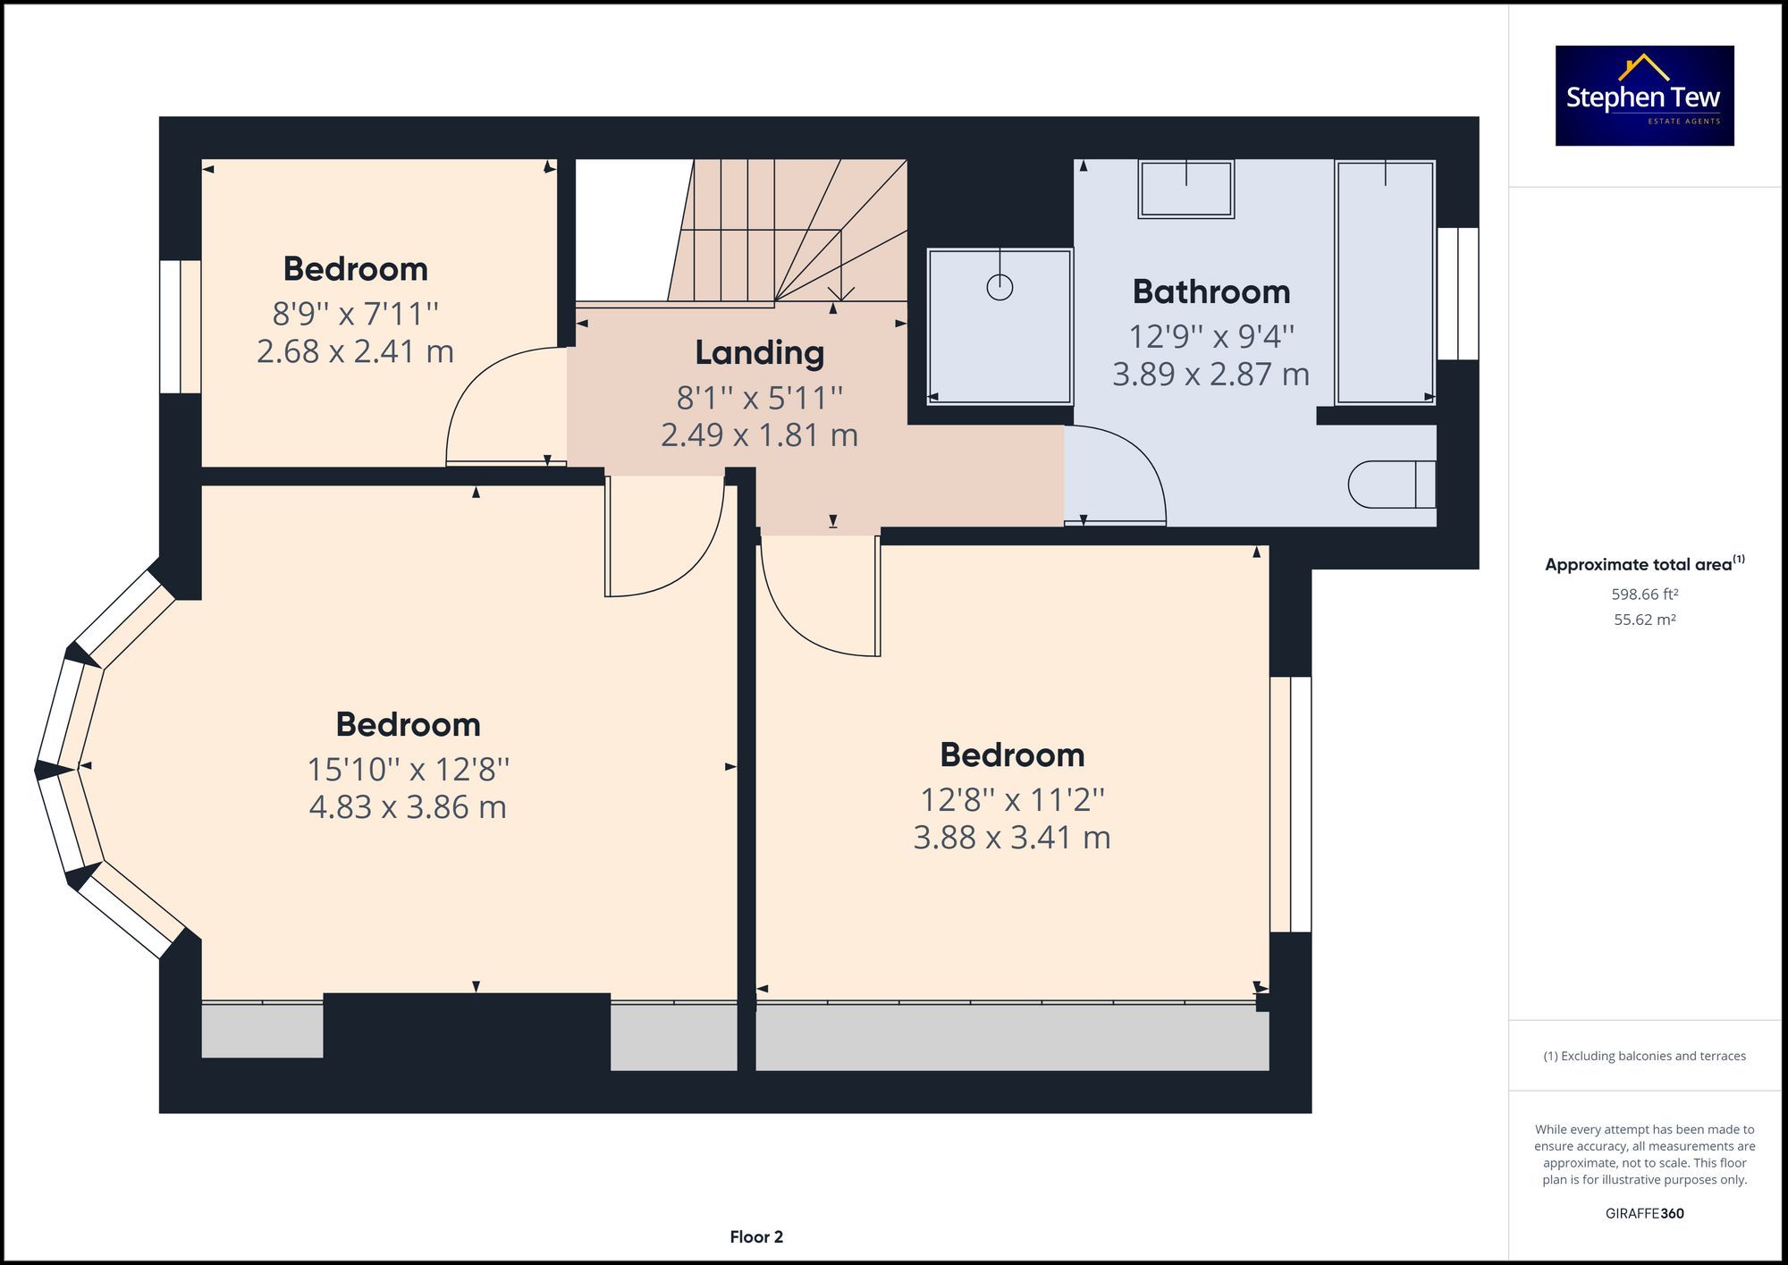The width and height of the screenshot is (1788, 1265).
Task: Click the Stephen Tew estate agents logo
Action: [1644, 96]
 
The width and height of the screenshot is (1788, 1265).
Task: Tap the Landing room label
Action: [759, 352]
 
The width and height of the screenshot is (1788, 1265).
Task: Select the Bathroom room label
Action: [1210, 291]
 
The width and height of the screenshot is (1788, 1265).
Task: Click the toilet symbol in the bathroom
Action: [1390, 484]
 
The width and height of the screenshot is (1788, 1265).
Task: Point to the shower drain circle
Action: [999, 287]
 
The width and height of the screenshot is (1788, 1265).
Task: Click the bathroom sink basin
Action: [1185, 190]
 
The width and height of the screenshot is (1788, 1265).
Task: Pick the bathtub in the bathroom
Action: [1385, 283]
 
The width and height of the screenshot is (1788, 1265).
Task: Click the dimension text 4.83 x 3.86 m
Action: [408, 807]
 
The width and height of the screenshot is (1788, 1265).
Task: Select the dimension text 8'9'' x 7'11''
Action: [355, 314]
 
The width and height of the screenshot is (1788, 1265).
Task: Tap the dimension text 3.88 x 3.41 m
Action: [1011, 838]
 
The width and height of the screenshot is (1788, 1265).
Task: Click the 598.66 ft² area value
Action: [1644, 594]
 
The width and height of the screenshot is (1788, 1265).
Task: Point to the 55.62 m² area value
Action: [1644, 620]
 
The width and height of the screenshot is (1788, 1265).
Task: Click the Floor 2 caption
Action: [755, 1236]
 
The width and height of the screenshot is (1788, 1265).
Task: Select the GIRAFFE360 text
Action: [1644, 1213]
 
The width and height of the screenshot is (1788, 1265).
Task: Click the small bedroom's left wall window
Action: [180, 326]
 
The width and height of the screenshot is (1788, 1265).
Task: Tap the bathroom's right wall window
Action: [1457, 293]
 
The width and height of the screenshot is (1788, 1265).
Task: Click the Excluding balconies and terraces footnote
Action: [1644, 1056]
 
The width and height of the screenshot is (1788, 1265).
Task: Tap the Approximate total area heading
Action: [1643, 564]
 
